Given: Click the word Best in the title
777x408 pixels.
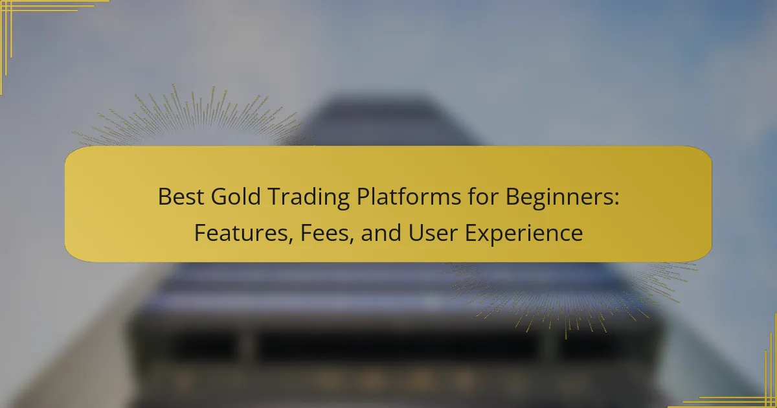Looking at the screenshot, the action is (x=181, y=197).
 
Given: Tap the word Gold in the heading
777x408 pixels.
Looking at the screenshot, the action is (x=236, y=197).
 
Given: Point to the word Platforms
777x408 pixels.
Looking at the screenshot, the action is (x=409, y=197).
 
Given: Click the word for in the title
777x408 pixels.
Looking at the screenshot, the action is (x=483, y=197).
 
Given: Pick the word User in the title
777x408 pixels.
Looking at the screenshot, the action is (x=433, y=232).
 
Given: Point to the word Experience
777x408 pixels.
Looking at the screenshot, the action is (x=524, y=234).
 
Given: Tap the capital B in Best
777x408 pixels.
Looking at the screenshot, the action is (x=164, y=197).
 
